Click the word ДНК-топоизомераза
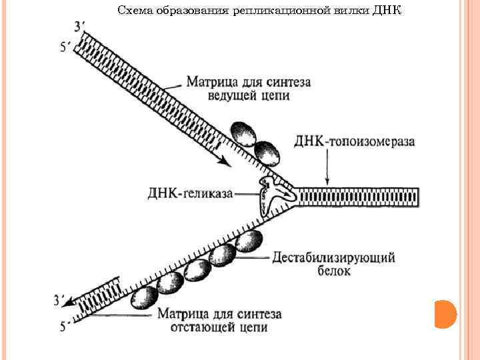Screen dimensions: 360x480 tap(354, 142)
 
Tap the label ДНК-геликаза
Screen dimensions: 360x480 tap(190, 193)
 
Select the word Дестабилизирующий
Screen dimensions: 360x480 tap(334, 257)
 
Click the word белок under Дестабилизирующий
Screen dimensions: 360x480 tap(333, 272)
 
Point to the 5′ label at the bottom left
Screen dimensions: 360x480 tap(64, 327)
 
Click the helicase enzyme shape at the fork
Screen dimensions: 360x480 tap(274, 193)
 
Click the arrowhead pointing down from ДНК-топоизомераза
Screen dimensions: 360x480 tap(326, 181)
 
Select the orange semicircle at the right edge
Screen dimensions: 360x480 tap(445, 313)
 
